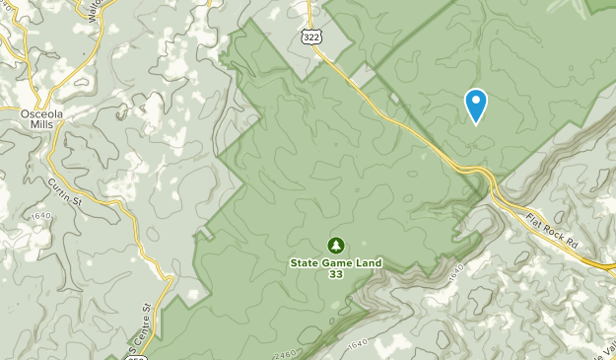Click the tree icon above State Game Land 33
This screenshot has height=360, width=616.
[x=335, y=245]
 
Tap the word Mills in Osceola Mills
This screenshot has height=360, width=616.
[x=42, y=126]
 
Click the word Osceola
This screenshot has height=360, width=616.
[x=42, y=114]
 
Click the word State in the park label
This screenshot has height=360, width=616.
[x=306, y=262]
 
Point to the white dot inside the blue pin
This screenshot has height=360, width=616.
[x=476, y=100]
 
